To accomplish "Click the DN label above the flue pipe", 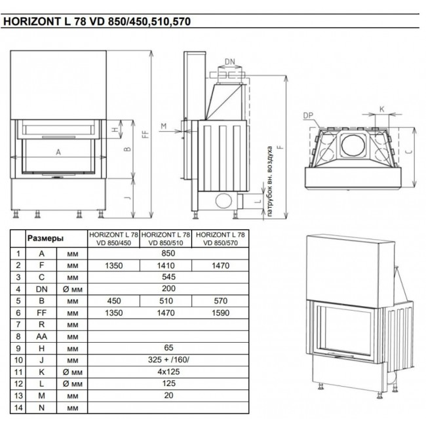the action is point(230,62).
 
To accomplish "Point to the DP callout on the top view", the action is point(308,116).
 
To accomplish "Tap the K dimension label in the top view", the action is point(381,109).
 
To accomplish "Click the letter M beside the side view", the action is point(164,126).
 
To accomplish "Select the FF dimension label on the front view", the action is point(146,134).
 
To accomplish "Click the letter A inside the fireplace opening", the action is point(58,153).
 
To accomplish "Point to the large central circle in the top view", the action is point(353,145).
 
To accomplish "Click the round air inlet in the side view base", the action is point(223,201).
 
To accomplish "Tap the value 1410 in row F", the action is point(166,265).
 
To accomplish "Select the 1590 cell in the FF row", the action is point(220,313).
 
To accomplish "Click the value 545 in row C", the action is point(168,277).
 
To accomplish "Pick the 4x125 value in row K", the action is point(168,372).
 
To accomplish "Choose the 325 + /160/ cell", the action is point(168,360).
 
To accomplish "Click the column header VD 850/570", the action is point(220,242).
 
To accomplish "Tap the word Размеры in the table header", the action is point(45,239).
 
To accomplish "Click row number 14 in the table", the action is point(18,408).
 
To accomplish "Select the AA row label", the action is point(41,336).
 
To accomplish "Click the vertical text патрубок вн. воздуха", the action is point(269,182).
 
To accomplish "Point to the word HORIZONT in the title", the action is point(32,22).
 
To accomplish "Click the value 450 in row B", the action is point(114,301).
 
